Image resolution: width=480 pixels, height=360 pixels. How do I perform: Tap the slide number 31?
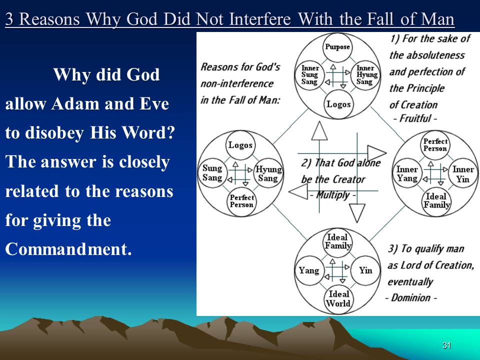[x=446, y=345]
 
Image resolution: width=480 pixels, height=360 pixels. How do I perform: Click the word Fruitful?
[x=415, y=118]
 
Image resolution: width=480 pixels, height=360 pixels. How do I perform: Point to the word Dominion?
[x=411, y=297]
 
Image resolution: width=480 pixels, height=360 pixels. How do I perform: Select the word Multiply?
[x=333, y=194]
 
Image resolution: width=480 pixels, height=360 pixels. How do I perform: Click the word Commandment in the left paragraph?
[x=68, y=249]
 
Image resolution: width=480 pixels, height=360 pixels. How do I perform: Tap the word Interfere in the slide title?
[x=259, y=19]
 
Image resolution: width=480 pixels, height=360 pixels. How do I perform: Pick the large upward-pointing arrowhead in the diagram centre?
[x=319, y=131]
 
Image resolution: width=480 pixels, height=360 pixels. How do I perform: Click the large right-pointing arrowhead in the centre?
[x=377, y=153]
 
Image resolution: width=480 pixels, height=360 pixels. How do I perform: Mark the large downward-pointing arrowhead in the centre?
[x=357, y=213]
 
